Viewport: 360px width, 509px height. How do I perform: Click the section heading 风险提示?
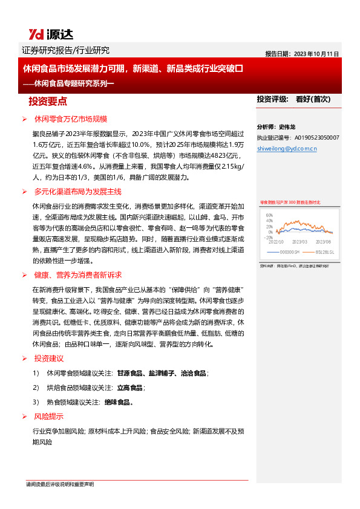point(49,417)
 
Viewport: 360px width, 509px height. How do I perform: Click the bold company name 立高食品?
point(130,387)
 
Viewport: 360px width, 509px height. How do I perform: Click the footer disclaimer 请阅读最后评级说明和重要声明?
point(60,484)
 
